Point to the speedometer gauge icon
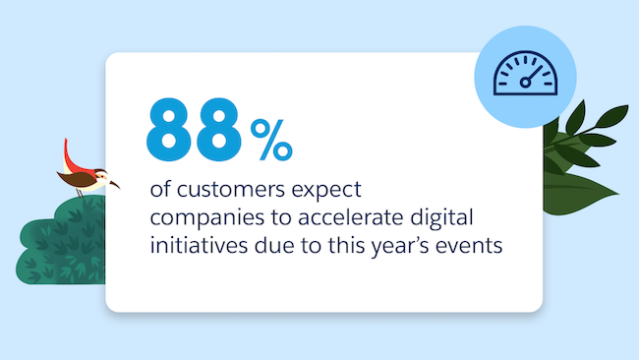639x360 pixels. [x=521, y=78]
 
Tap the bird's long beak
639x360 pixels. [x=109, y=183]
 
